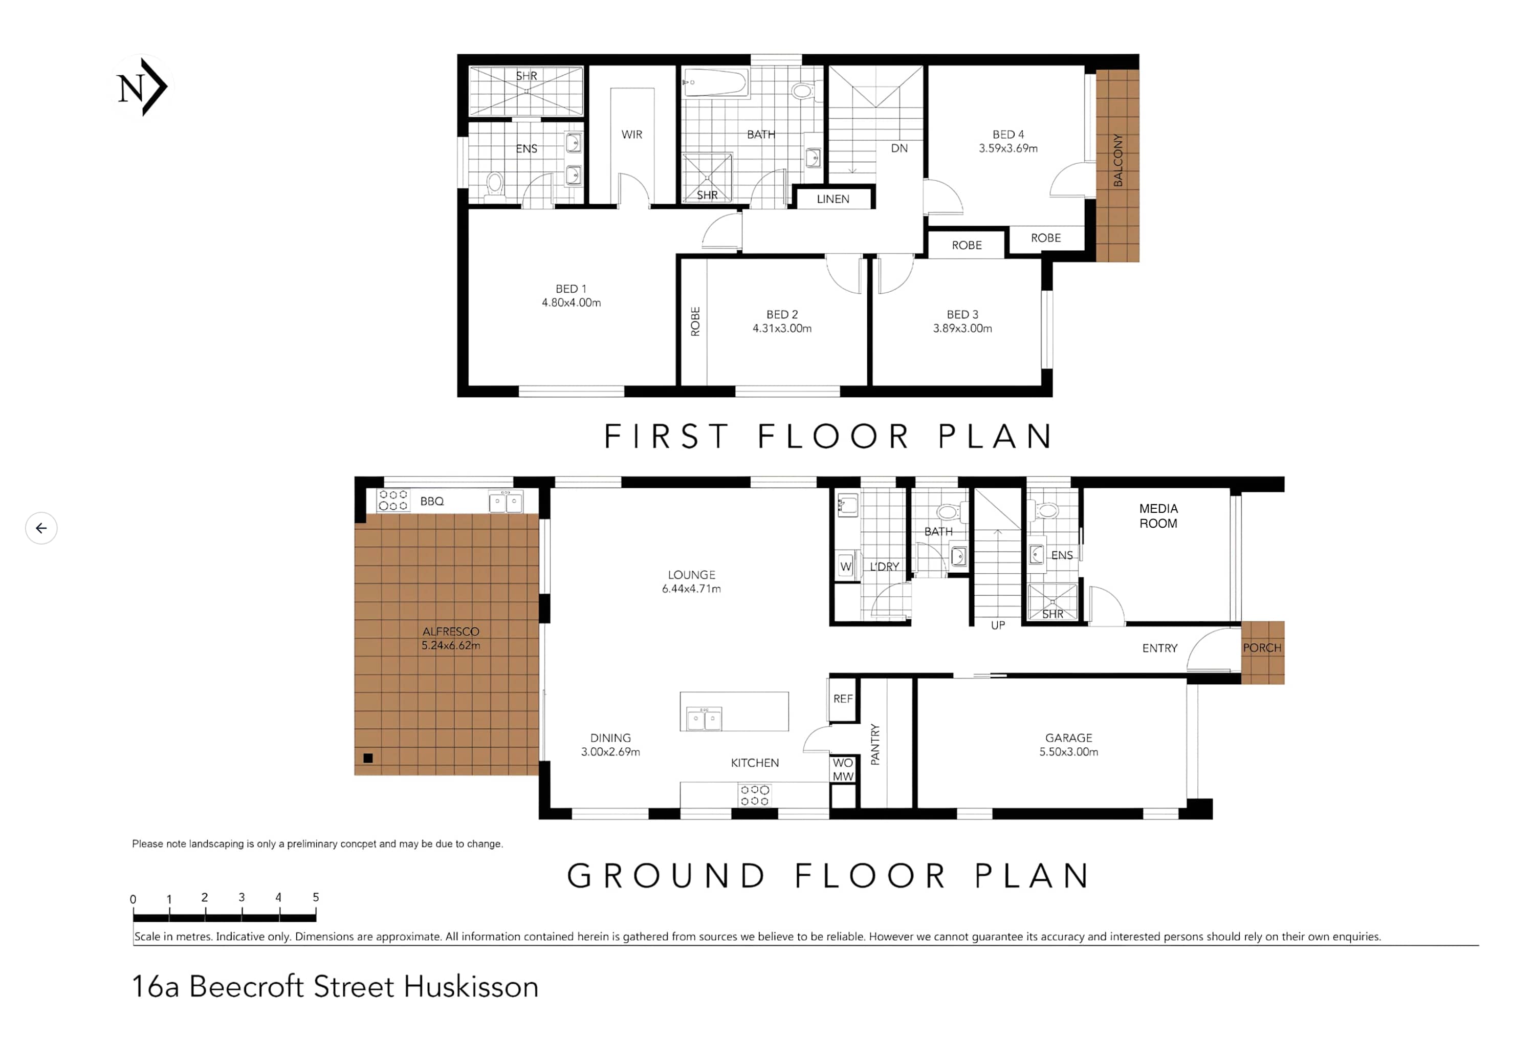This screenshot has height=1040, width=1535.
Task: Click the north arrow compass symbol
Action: tap(141, 87)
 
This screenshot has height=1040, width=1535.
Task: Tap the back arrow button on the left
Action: tap(41, 528)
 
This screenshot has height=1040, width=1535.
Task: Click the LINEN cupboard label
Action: tap(833, 199)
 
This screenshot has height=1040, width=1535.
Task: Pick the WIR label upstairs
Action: tap(631, 135)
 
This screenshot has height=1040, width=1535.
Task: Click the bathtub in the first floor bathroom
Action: tap(715, 82)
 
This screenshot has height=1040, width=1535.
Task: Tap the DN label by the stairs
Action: tap(899, 148)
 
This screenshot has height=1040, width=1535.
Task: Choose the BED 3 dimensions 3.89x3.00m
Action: tap(962, 329)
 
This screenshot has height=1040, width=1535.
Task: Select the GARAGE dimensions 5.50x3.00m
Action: tap(1069, 752)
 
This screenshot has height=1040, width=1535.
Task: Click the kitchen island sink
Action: tap(704, 718)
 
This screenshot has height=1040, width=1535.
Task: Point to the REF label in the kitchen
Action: tap(843, 699)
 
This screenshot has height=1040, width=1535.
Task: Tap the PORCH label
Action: tap(1262, 648)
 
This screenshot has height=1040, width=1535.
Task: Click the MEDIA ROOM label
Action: tap(1158, 516)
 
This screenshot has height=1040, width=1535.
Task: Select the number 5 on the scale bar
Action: tap(316, 897)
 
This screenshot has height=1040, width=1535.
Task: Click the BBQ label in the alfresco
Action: tap(432, 502)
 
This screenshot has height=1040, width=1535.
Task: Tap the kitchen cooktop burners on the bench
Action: tap(754, 795)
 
